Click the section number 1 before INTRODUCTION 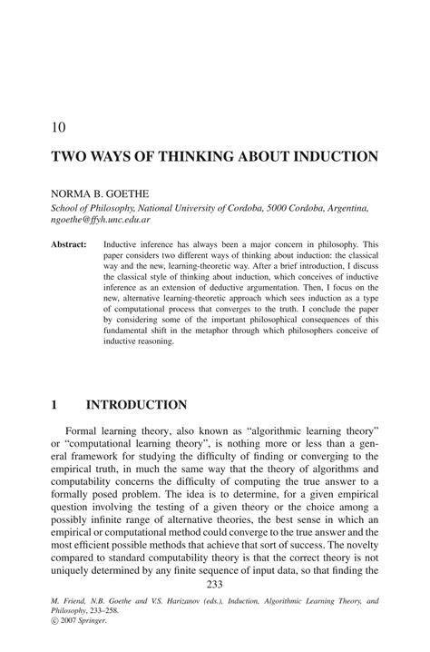54,404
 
